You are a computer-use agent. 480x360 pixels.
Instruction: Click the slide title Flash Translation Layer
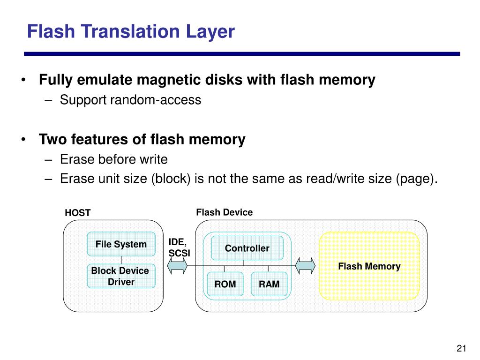(130, 32)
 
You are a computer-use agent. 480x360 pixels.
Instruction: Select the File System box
(121, 244)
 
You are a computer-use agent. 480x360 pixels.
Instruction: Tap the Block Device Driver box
(120, 276)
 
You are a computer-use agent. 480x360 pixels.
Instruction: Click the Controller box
(247, 248)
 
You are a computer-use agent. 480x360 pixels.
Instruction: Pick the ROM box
(225, 284)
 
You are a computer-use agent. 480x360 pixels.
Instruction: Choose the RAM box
(269, 284)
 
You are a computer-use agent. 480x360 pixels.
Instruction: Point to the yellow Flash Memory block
(369, 266)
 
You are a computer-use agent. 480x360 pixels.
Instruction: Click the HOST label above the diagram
(78, 213)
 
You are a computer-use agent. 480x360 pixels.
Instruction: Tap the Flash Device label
(224, 212)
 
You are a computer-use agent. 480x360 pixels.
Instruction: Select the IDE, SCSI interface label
(178, 247)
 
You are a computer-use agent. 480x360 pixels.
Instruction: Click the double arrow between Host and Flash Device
(178, 266)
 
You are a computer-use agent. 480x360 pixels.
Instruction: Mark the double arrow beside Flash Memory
(305, 266)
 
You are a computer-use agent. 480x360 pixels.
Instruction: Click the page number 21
(461, 348)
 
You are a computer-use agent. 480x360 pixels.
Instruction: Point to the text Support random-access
(130, 100)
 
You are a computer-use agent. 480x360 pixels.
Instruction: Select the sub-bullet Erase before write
(113, 159)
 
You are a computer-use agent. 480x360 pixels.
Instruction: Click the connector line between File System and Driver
(121, 260)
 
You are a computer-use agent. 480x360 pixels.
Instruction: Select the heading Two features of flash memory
(142, 140)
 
